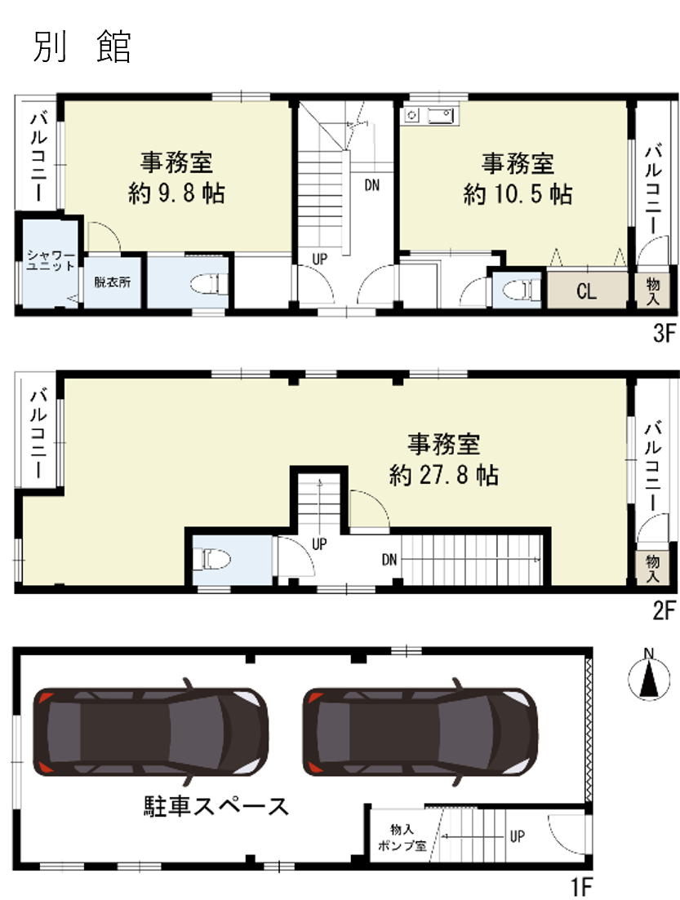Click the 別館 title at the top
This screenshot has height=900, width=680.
coord(82,47)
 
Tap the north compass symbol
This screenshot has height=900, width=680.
coord(649,676)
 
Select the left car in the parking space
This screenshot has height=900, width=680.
coord(150,732)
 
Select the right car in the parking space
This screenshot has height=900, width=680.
coord(420,732)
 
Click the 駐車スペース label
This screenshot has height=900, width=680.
coord(216,806)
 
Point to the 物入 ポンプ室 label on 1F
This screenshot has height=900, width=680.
coord(402,837)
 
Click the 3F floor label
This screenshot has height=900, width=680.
coord(664,333)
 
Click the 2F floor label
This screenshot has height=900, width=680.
coord(664,610)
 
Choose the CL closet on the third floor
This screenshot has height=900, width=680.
coord(587,290)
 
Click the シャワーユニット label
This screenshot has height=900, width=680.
coord(51,260)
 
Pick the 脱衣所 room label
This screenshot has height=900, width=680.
coord(113,282)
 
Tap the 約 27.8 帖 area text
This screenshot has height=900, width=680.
coord(444,475)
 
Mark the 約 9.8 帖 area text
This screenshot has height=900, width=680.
coord(176,193)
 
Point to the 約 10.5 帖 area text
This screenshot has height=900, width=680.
coord(518,194)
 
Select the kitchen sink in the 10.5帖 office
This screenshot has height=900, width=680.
coord(441,116)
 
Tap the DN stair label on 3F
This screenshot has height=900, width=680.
coord(371,185)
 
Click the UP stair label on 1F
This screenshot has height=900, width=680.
coord(517,836)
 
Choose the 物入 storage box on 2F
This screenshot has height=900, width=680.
coord(652,568)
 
